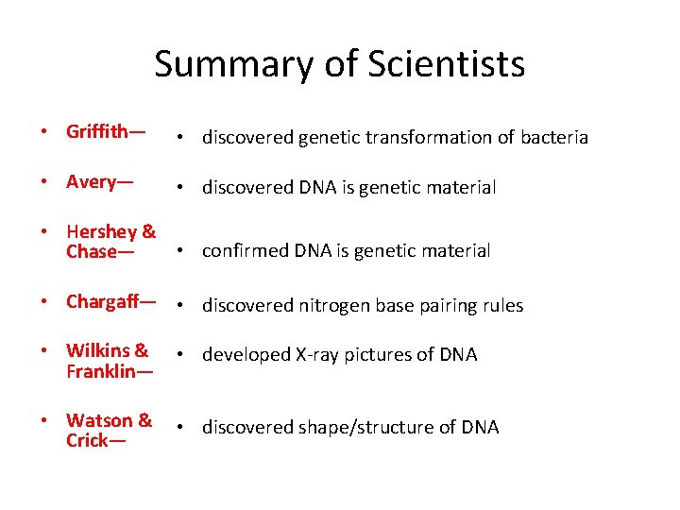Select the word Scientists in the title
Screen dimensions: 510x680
445,65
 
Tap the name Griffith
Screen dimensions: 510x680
100,131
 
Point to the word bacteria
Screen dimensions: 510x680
553,138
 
